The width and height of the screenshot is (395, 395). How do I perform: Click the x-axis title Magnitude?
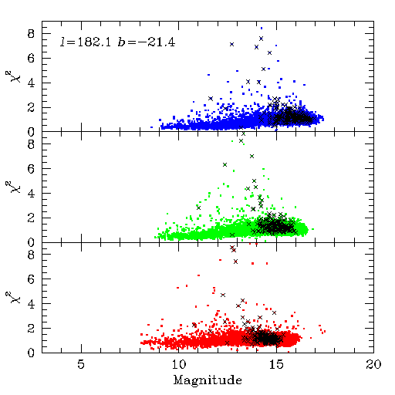(x=208, y=380)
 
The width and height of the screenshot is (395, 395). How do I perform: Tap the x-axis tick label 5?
(x=81, y=364)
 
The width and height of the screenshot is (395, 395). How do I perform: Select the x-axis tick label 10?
(x=179, y=364)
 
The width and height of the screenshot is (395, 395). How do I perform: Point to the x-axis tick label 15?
(x=276, y=364)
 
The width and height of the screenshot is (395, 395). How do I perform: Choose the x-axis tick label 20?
(x=373, y=364)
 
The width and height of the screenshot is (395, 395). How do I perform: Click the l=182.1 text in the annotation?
(x=86, y=42)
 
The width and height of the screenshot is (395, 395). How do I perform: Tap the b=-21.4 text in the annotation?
(x=147, y=42)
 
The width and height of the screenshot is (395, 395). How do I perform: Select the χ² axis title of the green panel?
(x=14, y=187)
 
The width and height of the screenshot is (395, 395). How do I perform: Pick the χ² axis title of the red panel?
(x=14, y=298)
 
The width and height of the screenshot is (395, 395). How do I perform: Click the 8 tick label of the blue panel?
(x=31, y=34)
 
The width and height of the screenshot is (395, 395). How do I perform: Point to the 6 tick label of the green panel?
(x=31, y=169)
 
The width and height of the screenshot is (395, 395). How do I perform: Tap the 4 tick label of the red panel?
(x=31, y=304)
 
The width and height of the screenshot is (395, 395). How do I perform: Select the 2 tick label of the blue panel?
(x=31, y=108)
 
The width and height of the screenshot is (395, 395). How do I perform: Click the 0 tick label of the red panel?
(x=31, y=353)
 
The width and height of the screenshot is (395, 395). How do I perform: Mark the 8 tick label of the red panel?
(x=31, y=255)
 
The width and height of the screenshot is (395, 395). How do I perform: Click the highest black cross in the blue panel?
(x=261, y=39)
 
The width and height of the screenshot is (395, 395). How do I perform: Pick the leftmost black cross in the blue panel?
(x=211, y=99)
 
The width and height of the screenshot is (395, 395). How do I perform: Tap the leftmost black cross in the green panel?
(x=198, y=208)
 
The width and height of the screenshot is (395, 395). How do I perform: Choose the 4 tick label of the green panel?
(x=31, y=194)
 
